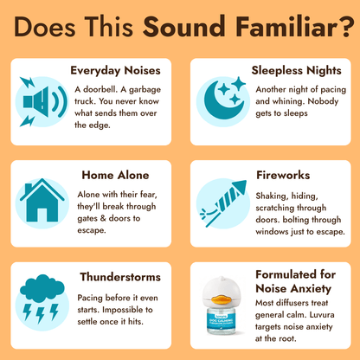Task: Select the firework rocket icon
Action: [x=218, y=204]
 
